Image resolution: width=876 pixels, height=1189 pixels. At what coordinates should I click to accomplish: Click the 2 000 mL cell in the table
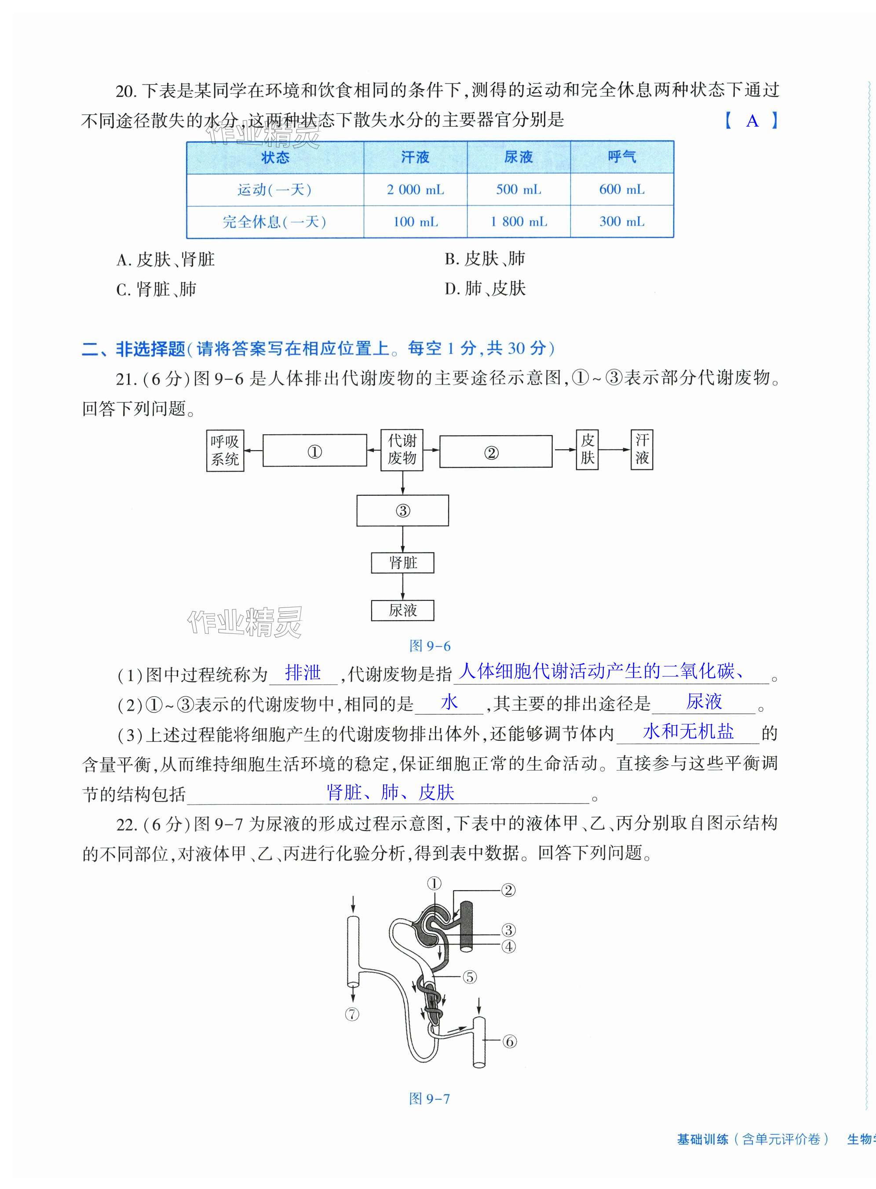[415, 190]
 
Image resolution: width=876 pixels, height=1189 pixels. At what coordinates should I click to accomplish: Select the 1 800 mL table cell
[518, 222]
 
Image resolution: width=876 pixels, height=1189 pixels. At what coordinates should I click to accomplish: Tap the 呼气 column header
[621, 157]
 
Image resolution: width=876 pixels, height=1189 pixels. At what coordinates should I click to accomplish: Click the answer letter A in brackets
[752, 121]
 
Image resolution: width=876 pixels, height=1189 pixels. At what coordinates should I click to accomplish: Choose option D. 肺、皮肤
[485, 289]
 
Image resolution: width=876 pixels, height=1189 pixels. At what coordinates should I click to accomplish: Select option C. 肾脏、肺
[156, 289]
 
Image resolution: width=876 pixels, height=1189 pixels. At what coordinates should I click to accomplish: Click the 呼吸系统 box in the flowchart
[225, 450]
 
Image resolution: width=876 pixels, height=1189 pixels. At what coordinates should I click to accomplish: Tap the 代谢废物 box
[402, 450]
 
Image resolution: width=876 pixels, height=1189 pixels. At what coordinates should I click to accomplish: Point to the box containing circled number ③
[402, 510]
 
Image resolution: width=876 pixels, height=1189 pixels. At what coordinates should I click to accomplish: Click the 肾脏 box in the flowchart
[402, 563]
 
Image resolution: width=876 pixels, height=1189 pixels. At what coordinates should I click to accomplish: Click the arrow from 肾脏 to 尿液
[402, 586]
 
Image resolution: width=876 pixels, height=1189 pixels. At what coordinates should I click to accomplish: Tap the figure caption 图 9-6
[430, 646]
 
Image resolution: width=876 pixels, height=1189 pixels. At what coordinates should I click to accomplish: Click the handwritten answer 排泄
[303, 673]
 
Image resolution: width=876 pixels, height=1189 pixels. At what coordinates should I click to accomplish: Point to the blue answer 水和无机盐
[688, 731]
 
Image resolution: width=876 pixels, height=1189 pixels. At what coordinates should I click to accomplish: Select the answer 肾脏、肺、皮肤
[390, 793]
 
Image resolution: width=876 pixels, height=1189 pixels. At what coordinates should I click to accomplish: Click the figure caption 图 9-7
[429, 1098]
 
